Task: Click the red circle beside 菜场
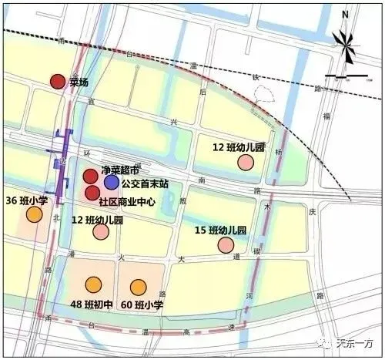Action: tap(56, 81)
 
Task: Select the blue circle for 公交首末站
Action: tap(112, 182)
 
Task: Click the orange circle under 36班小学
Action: tap(33, 214)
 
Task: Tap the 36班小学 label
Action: tap(27, 200)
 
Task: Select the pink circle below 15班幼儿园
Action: tap(226, 245)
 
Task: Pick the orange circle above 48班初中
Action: tap(93, 285)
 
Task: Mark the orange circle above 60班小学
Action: tap(139, 288)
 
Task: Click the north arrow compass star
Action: tap(346, 46)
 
